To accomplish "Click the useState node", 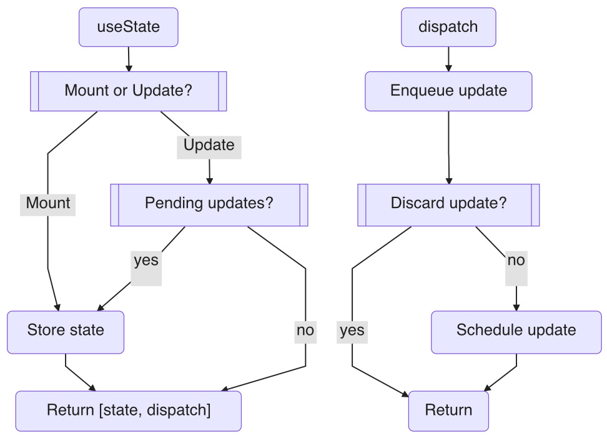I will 128,27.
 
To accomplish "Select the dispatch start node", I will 448,27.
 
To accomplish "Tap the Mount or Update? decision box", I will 128,91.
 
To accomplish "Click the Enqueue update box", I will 448,91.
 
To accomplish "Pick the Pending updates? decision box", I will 209,204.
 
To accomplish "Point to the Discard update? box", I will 448,204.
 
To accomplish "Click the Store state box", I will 66,330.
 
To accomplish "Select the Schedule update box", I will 516,330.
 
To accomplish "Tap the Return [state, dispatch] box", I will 128,411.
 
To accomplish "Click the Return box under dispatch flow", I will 448,411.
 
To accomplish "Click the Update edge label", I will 209,145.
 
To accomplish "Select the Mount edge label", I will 47,204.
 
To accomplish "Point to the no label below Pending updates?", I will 305,330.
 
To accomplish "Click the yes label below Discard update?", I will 352,330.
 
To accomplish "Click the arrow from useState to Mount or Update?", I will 128,59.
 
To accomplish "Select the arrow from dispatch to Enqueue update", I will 448,59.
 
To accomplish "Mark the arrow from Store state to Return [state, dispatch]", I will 80,377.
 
